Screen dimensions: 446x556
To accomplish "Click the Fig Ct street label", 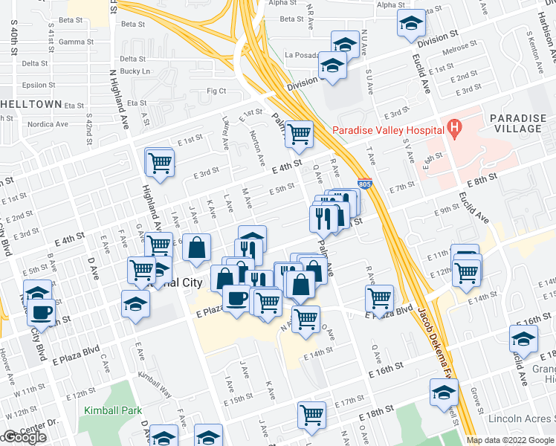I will coord(216,91).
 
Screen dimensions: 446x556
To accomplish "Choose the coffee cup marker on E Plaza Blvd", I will coord(236,299).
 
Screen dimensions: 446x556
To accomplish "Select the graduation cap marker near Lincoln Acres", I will coord(444,392).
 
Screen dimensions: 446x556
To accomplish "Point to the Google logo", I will coord(25,438).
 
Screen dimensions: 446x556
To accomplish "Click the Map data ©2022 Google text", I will coord(509,440).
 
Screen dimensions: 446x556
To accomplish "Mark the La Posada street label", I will coord(301,55).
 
